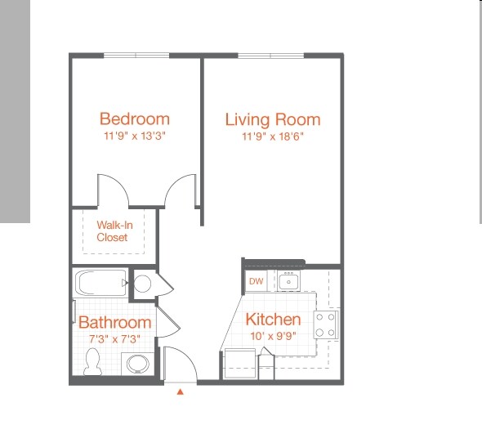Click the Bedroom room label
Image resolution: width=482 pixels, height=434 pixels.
pos(135,119)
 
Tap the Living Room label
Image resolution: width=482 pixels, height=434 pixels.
pos(273,119)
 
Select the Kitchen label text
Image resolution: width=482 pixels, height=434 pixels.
pos(273,320)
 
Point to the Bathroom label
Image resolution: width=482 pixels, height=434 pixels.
pos(114,323)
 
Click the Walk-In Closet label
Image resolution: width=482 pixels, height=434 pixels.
pos(112,231)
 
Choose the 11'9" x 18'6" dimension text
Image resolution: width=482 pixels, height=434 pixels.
pos(273,136)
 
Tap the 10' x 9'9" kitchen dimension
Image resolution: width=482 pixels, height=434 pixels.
pos(273,336)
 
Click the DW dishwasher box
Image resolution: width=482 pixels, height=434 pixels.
pos(256,282)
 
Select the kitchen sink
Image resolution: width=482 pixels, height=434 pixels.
pos(288,282)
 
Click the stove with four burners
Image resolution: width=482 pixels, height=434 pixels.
pos(327,324)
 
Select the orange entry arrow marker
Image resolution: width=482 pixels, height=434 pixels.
pos(181,392)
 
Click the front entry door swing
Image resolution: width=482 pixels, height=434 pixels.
pos(179,365)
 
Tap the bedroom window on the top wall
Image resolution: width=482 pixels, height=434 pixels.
pos(136,55)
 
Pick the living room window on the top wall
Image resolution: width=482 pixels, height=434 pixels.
pos(270,55)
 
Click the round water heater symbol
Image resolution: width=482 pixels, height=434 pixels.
pos(142,284)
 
